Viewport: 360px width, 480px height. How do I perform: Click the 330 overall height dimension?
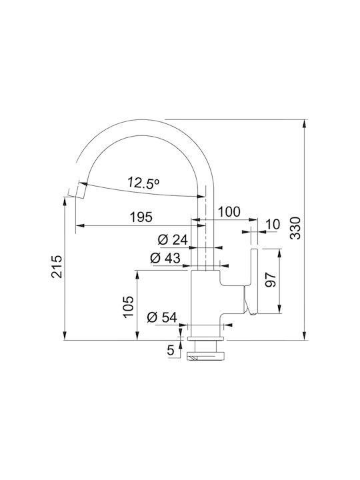295,228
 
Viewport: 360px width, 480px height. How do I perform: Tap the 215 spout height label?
57,266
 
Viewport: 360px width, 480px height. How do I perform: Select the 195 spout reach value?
141,217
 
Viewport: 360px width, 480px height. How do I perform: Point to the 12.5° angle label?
143,183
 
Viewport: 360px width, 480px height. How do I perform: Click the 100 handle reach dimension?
229,211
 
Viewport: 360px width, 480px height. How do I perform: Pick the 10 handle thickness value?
273,225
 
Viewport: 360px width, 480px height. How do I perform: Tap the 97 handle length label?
271,279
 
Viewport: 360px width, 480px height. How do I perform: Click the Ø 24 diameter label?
173,240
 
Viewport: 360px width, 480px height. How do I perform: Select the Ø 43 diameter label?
165,259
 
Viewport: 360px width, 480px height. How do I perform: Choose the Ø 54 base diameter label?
162,317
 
